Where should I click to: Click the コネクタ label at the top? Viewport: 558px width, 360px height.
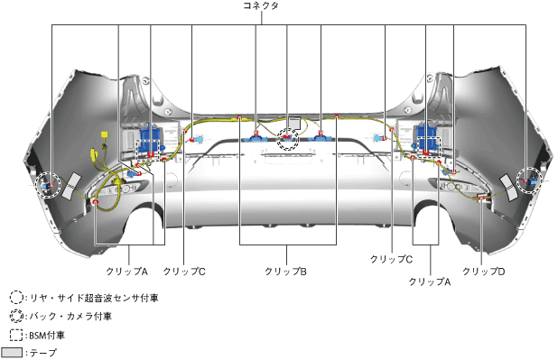point(261,5)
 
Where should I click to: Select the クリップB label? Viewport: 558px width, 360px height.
point(285,272)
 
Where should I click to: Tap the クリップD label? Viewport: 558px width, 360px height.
point(483,272)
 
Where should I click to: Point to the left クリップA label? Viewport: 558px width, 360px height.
point(126,272)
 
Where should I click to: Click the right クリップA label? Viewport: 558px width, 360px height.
point(430,282)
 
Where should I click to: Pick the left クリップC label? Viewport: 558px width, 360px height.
point(184,272)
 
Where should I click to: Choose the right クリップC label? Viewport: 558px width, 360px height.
point(391,259)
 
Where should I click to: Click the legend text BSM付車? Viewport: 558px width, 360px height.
point(47,335)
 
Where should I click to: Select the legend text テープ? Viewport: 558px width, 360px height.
point(43,353)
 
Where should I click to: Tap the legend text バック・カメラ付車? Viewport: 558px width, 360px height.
point(70,316)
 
